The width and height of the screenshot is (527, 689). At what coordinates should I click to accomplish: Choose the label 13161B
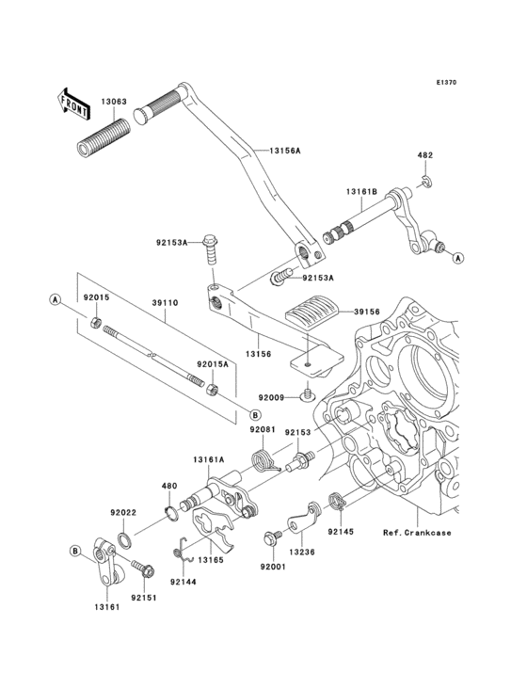360,192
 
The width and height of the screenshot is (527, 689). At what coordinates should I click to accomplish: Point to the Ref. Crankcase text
442,533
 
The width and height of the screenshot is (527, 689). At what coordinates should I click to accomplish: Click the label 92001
273,568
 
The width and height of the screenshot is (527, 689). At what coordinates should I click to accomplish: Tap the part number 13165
212,560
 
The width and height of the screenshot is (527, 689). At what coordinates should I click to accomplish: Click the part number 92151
143,598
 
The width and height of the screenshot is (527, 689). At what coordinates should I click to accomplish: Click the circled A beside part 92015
56,299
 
